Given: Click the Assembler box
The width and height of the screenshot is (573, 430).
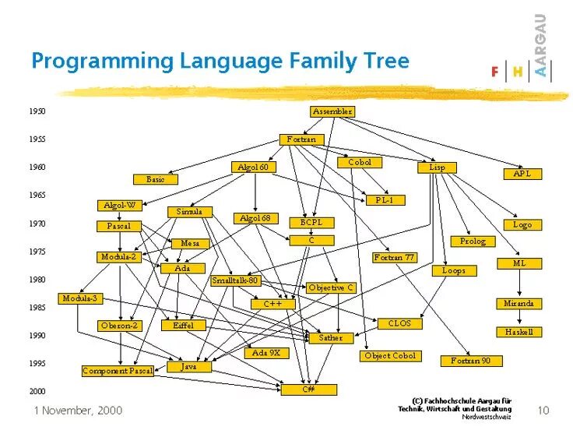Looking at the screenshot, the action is coord(332,111).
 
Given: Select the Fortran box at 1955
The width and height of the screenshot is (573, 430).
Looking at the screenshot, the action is coord(301,139).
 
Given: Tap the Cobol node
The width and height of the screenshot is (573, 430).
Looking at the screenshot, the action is coord(359,162).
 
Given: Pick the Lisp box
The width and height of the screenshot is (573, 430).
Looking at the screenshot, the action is coord(437,167).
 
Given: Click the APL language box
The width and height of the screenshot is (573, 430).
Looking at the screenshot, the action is coord(522,174).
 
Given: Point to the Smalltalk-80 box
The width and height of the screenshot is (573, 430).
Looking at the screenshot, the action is coord(235,280).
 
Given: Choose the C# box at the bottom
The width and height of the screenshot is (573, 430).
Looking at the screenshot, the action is coord(308,388).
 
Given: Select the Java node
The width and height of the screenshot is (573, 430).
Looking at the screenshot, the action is coord(188,366).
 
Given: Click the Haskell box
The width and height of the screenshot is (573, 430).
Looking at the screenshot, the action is coord(519,332).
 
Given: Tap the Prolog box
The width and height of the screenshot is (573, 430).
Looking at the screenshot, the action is coord(472,241).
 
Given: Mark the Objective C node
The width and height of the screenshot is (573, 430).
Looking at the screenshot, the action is coord(331,287).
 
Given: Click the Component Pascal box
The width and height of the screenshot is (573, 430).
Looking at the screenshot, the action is coord(118,371).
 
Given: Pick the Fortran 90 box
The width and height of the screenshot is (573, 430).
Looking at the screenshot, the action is coord(471,361).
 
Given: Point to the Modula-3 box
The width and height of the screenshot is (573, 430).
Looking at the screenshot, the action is coord(80,298).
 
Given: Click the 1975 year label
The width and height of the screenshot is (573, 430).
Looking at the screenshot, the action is coord(37,252).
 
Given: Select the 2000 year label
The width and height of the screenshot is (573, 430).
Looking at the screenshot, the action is coord(37,391).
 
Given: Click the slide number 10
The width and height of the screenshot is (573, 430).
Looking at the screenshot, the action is coord(543,410).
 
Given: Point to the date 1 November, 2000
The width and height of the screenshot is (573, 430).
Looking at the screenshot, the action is coord(78,410).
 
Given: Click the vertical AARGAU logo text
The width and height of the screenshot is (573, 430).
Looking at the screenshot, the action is coord(541,47).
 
